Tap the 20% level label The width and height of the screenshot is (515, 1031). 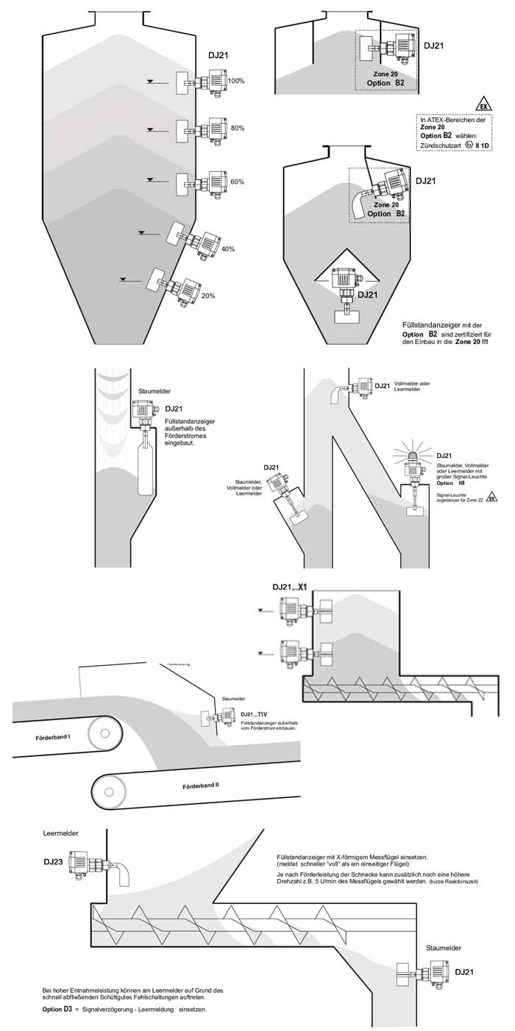point(207,295)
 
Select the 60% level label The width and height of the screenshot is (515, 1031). point(237,182)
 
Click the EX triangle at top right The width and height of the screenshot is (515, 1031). point(483,104)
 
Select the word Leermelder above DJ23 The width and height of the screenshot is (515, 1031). point(60,833)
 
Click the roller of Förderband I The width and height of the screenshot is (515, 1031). point(103,733)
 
